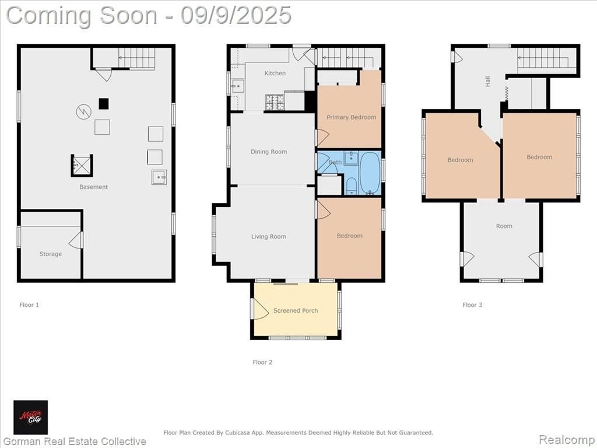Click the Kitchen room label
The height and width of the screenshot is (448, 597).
click(275, 73)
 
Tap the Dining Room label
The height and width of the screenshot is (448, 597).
click(269, 152)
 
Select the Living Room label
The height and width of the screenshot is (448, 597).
click(268, 237)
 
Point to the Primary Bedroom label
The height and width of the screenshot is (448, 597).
click(352, 117)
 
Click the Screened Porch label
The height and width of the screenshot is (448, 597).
click(296, 310)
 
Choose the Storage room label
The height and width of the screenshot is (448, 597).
click(51, 254)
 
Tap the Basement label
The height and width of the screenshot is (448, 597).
click(94, 187)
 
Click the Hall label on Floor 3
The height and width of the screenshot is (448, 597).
click(488, 81)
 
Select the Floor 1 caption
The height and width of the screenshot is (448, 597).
click(29, 304)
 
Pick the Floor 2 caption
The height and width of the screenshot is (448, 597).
click(262, 362)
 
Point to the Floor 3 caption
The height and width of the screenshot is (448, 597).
click(472, 304)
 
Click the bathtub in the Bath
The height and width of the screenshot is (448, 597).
click(370, 173)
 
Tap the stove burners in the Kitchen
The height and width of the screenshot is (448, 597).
click(275, 102)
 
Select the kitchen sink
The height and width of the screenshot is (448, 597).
click(238, 86)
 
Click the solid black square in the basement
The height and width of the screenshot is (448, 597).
click(104, 104)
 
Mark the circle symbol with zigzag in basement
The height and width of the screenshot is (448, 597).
click(83, 111)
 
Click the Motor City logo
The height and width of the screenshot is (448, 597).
click(31, 418)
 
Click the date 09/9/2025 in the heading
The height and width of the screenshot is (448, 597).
click(236, 15)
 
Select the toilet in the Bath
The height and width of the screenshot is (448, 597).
click(351, 186)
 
